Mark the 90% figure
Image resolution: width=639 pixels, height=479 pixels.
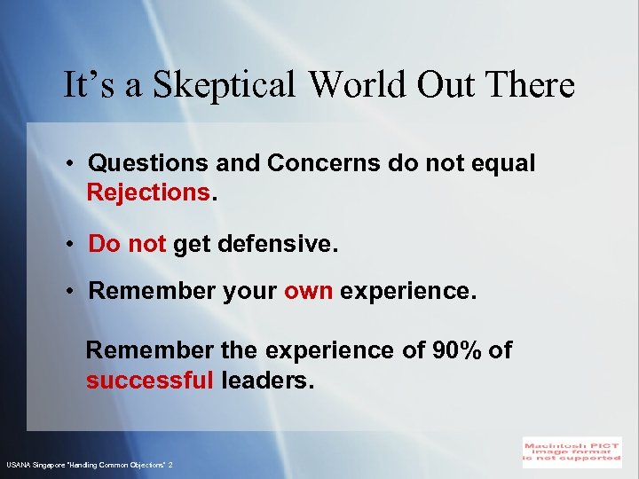pos(456,350)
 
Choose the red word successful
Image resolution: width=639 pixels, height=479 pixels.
pos(149,381)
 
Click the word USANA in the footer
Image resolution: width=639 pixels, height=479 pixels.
pos(18,465)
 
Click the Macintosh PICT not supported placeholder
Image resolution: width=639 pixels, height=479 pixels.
pos(572,452)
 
